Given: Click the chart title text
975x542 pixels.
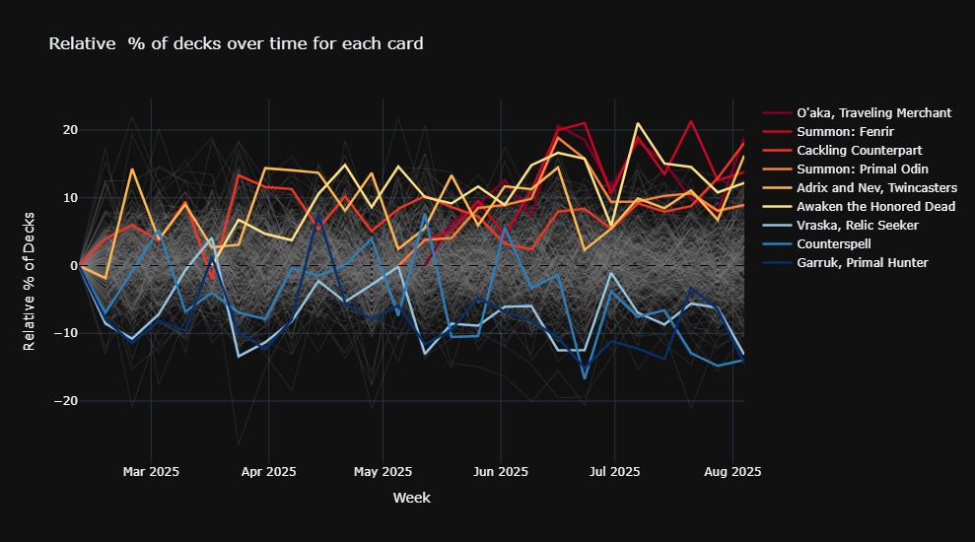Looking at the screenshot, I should (x=236, y=44).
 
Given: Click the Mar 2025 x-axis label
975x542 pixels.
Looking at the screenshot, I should (x=151, y=472).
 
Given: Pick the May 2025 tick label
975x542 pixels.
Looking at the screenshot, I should (x=383, y=472).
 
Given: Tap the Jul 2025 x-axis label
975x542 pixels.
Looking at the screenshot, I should (x=614, y=472).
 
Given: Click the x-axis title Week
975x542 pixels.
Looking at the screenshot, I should (x=411, y=498).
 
